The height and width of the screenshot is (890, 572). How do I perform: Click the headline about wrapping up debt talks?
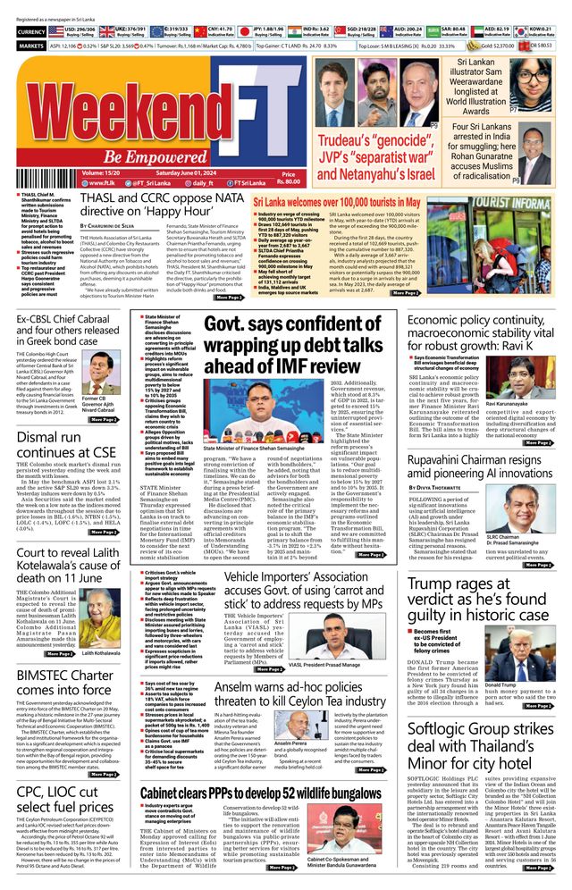[x=299, y=343]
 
